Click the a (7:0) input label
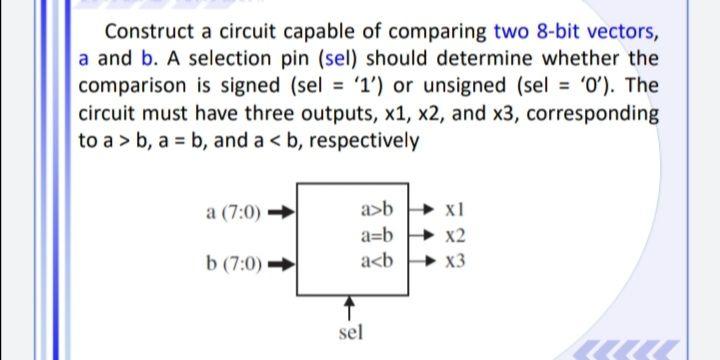tap(232, 213)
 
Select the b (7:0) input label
tap(232, 264)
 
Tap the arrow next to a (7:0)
tap(283, 213)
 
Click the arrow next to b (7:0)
tap(283, 264)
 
